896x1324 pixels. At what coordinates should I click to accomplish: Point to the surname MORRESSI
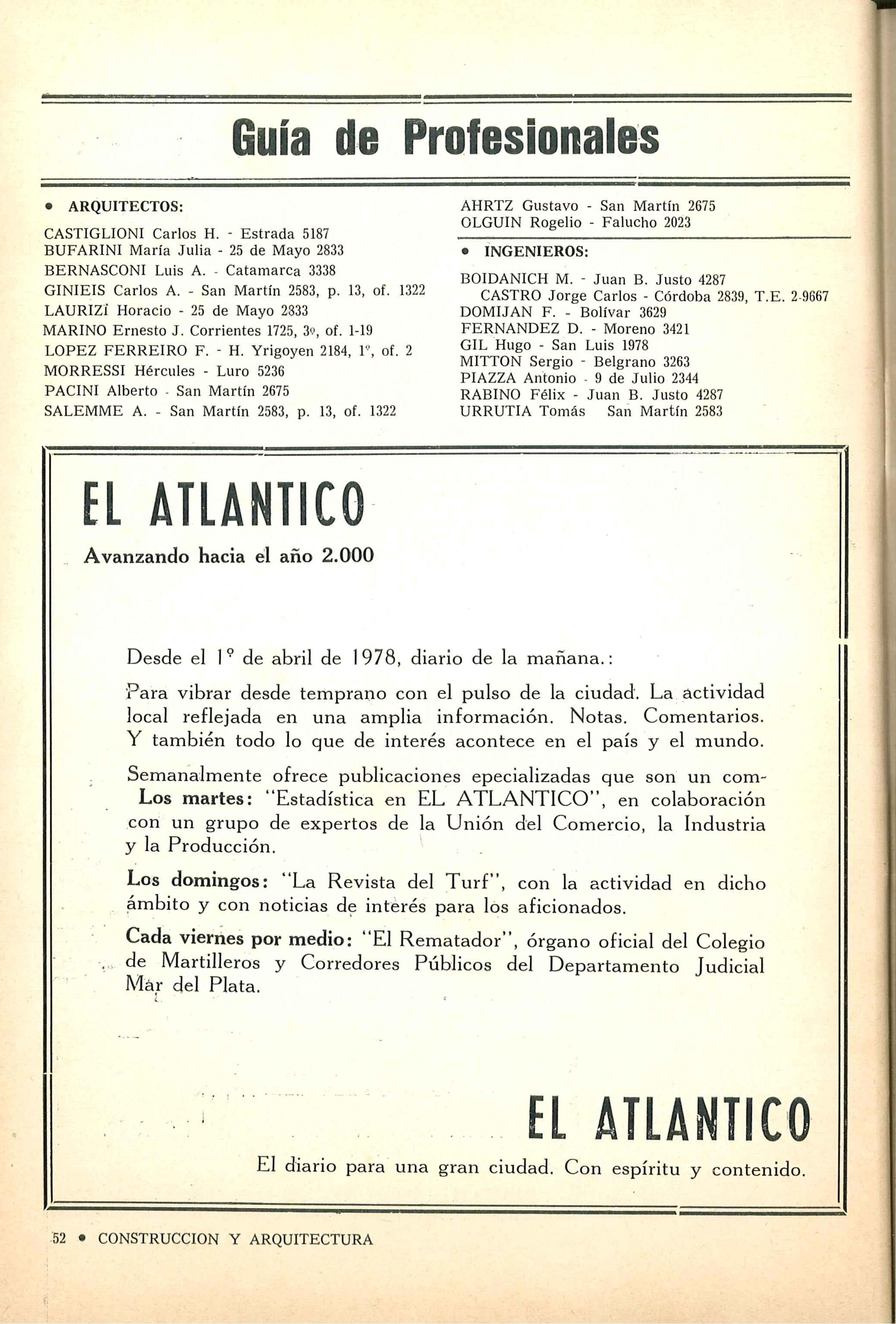84,371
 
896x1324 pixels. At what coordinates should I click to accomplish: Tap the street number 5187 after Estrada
316,234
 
